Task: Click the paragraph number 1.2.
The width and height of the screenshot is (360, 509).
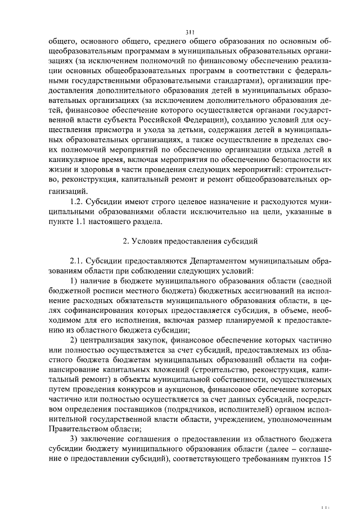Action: coord(77,201)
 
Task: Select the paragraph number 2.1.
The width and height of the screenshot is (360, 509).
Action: coord(77,261)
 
